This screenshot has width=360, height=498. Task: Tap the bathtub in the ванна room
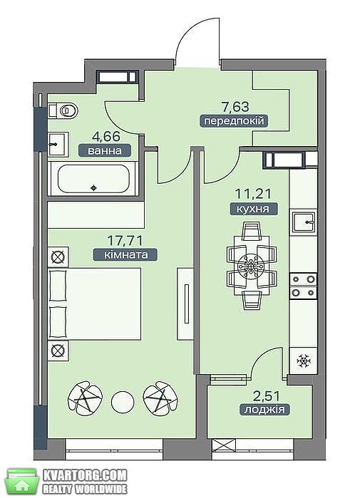tap(93, 179)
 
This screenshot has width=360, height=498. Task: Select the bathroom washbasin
tap(58, 144)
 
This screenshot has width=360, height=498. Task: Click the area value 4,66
tap(106, 137)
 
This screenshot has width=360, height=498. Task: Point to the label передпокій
tap(234, 121)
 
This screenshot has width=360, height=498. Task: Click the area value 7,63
tap(235, 106)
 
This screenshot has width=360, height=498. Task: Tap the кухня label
tap(253, 209)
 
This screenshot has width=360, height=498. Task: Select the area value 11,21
tap(253, 193)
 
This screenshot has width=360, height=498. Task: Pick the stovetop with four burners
tap(304, 286)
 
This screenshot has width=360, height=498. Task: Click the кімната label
tap(125, 255)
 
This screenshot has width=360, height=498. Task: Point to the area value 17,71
tap(125, 240)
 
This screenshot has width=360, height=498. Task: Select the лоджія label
tap(264, 410)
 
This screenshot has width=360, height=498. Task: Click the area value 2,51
tap(267, 395)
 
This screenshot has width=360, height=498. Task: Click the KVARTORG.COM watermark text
tap(85, 475)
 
